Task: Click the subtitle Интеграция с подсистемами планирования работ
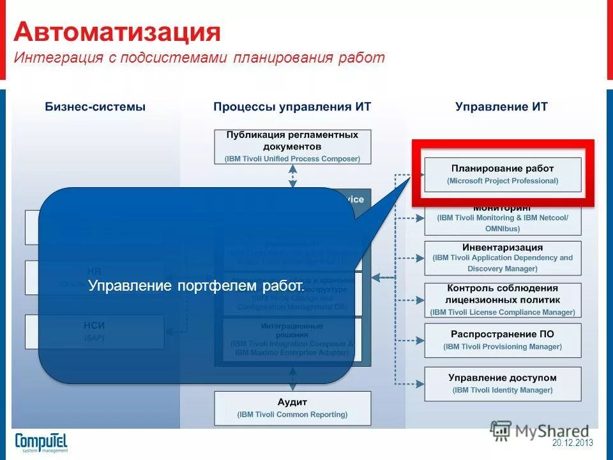[199, 58]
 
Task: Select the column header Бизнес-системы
[95, 107]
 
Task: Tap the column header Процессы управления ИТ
[292, 107]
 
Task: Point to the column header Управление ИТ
[501, 107]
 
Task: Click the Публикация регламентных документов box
[292, 146]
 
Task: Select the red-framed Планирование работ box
[503, 174]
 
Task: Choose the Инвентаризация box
[503, 257]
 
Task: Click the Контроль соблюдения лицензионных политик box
[503, 300]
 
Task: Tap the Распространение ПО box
[503, 340]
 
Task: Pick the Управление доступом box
[503, 383]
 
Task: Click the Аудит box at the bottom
[292, 408]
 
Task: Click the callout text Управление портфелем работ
[197, 286]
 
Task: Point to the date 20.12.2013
[573, 443]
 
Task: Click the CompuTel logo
[41, 441]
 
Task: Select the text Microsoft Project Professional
[503, 181]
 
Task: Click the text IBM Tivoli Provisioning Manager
[503, 347]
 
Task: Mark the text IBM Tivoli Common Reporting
[292, 415]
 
